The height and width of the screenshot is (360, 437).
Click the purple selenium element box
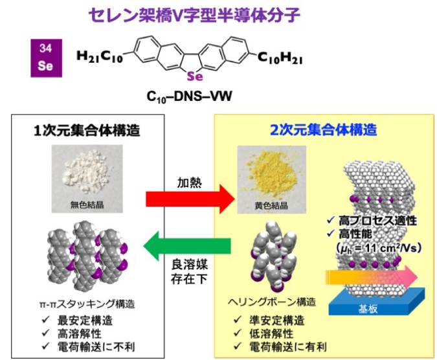click(46, 58)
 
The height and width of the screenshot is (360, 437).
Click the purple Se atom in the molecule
click(195, 76)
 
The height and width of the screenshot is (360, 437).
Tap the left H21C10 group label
click(100, 57)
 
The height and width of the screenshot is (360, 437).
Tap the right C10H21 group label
click(280, 58)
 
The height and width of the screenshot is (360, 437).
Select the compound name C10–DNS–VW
click(189, 96)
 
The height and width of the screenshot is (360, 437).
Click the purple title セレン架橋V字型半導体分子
click(194, 15)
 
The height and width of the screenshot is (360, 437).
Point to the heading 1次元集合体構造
click(87, 130)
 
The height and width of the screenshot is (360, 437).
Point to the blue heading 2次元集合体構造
click(324, 129)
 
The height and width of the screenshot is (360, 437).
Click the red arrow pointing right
click(190, 199)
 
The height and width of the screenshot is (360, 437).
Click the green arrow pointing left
click(187, 246)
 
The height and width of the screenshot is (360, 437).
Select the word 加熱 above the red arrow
click(190, 183)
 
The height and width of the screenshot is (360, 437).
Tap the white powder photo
click(87, 179)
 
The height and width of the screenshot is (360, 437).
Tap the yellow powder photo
click(272, 180)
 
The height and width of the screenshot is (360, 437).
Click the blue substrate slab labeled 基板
click(377, 302)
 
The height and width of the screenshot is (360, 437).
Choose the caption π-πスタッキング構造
click(87, 304)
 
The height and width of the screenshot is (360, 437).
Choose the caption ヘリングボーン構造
click(272, 302)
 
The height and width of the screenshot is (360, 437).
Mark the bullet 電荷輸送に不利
click(96, 346)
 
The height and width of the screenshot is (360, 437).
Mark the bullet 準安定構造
click(276, 321)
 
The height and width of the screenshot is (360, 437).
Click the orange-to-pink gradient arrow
click(372, 277)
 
